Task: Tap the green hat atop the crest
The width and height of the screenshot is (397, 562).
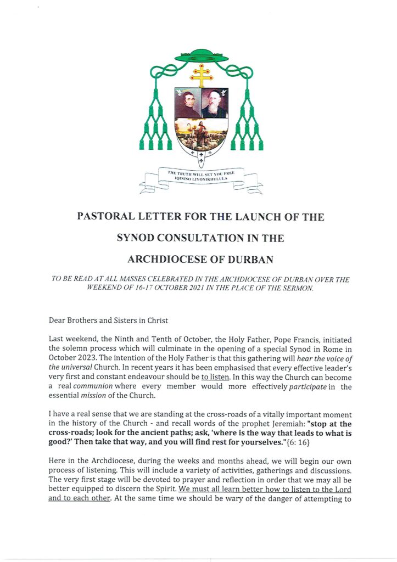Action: [201, 55]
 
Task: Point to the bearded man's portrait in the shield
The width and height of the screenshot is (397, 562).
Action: [215, 103]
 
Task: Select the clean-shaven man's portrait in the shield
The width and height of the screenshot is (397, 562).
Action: [188, 103]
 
